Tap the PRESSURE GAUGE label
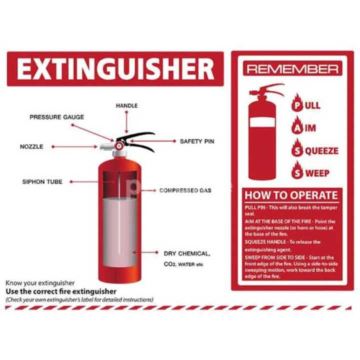coord(56,117)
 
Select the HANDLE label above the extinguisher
coord(126,106)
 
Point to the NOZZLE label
coord(31,147)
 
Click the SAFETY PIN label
coord(197,141)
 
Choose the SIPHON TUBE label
coord(42,181)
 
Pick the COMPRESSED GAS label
coord(185,190)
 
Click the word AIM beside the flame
coord(307,128)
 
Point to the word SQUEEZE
coord(318,150)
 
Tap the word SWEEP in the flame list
coord(314,173)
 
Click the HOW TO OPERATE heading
coord(291,195)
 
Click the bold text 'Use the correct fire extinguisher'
coord(60,291)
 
